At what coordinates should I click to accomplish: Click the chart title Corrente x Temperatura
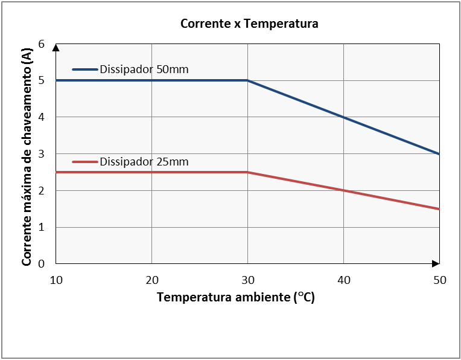point(249,24)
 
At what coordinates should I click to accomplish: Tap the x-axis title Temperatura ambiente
point(235,298)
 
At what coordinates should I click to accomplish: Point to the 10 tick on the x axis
point(56,280)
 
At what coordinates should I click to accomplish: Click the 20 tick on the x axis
point(151,280)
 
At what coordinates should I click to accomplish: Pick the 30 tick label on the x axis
point(247,280)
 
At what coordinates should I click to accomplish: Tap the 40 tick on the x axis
point(343,280)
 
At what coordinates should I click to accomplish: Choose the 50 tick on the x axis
point(439,280)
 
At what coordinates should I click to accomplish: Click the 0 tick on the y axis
point(42,264)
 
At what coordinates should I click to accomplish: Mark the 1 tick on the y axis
point(42,227)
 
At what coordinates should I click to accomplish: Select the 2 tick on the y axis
point(42,190)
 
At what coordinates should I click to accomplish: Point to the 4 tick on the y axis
point(42,117)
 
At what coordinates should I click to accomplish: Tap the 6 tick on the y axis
point(42,43)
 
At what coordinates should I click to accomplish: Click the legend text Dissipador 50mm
point(144,69)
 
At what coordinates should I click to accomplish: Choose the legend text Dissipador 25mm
point(144,161)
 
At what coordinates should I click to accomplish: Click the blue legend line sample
point(84,69)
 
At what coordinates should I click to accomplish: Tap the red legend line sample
point(84,162)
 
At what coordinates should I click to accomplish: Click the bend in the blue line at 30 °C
point(247,80)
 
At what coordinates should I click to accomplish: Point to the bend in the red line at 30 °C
point(247,172)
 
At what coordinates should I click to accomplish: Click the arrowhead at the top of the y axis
point(56,47)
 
